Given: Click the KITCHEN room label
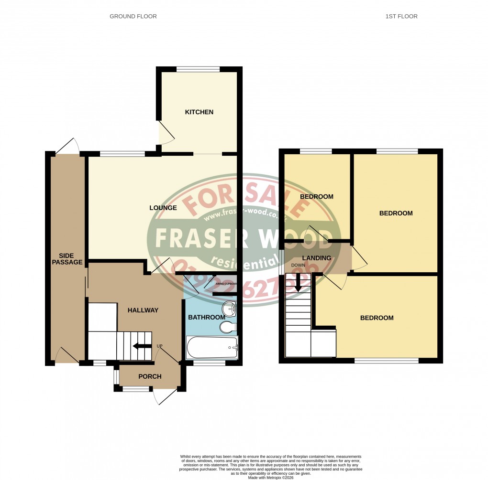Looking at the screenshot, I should tap(199, 112).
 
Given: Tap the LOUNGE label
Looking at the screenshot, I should tap(163, 208).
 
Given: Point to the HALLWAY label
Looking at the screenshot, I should tap(143, 310).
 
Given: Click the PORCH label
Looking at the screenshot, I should tap(150, 376).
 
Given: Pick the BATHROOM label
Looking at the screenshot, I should tap(206, 318).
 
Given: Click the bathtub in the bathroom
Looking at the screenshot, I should tap(212, 348).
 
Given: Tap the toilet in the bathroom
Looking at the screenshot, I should tap(228, 327).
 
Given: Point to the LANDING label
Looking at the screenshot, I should tap(317, 258).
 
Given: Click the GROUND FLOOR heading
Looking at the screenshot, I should tap(133, 16).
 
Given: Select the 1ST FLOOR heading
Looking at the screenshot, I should tap(401, 16).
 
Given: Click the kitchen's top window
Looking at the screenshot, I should tap(198, 69).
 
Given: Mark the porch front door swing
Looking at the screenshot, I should tap(164, 396).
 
